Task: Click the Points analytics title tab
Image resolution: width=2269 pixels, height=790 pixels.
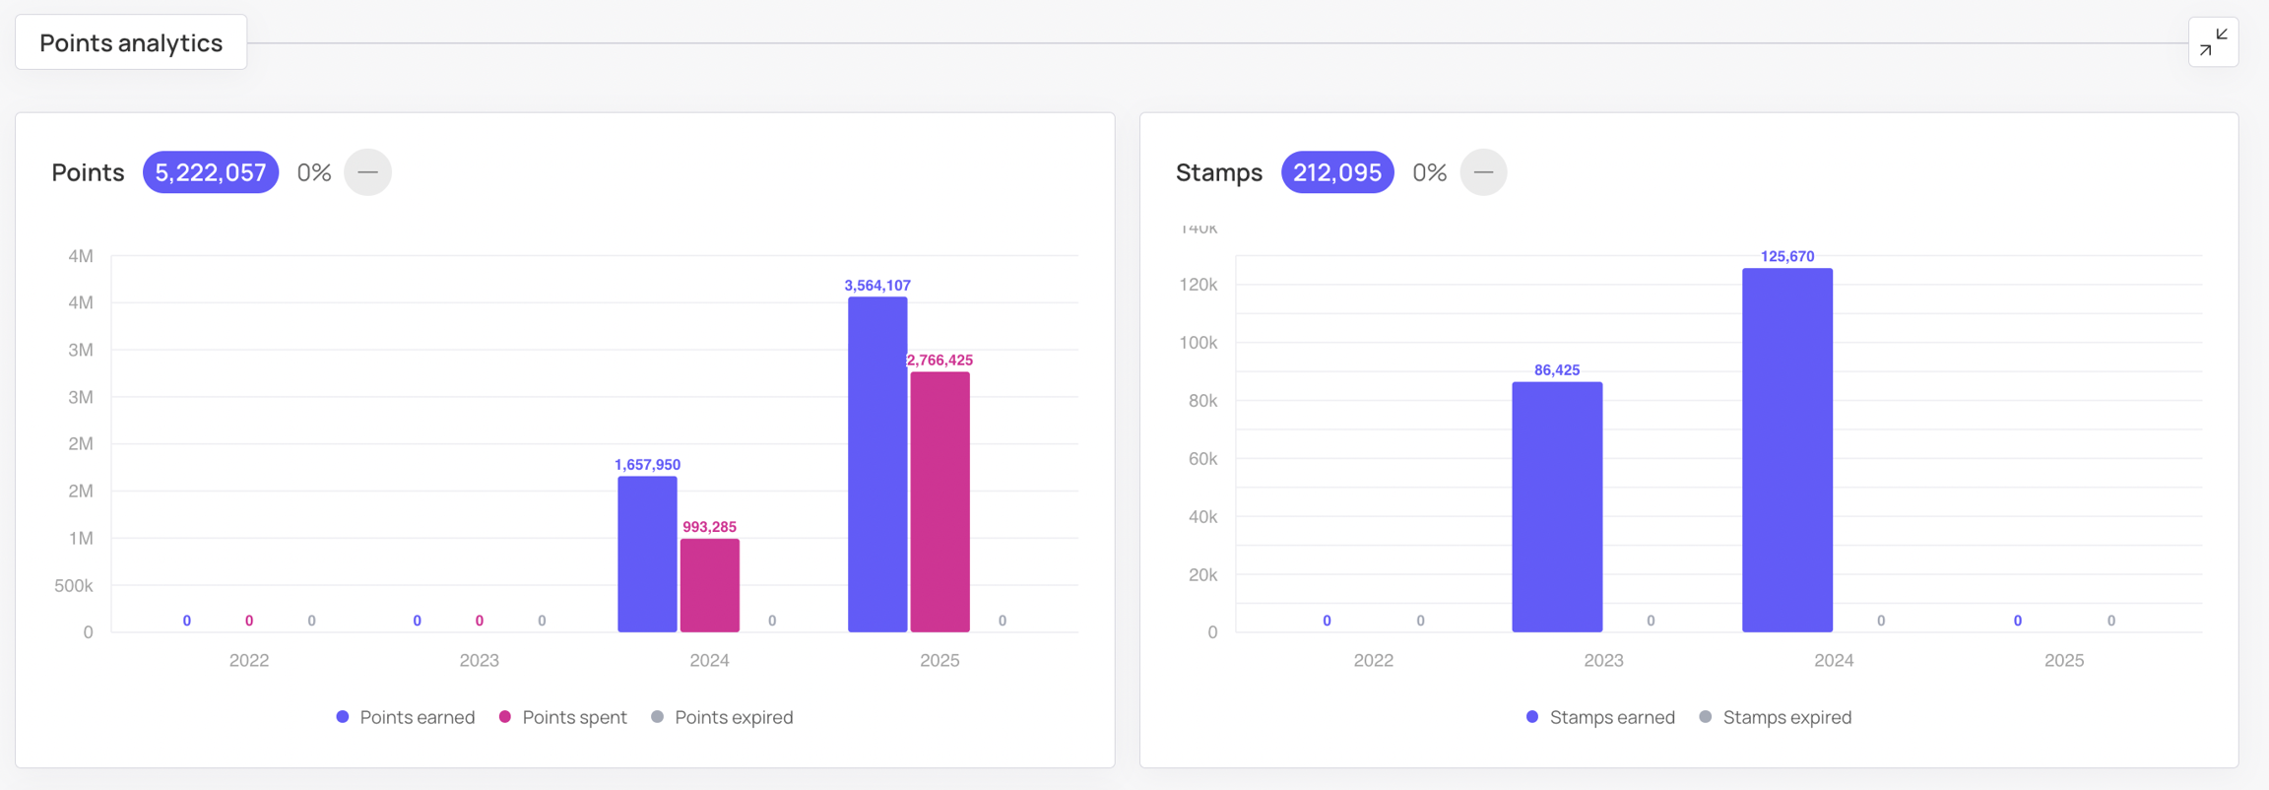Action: [131, 42]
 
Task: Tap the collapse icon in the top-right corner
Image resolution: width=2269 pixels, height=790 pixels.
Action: [2213, 42]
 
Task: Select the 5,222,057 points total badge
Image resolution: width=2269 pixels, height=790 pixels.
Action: [210, 172]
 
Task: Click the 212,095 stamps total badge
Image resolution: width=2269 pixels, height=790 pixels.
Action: [1336, 172]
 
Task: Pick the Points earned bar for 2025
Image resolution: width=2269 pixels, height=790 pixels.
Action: [876, 464]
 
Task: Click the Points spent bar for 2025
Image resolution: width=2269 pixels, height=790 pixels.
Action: [940, 501]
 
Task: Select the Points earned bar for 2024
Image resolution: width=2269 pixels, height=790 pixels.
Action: [647, 554]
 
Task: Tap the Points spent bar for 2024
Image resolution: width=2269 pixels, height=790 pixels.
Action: [709, 585]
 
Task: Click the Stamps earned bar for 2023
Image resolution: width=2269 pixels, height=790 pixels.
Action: [1556, 506]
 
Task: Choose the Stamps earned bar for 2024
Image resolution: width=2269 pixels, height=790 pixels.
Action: [1786, 450]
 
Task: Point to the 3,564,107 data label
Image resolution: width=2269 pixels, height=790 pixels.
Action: [876, 286]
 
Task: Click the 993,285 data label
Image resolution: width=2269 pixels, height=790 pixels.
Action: [709, 527]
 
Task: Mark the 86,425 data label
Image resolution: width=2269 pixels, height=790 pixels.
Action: [1556, 370]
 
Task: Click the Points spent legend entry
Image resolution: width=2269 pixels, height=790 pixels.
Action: [563, 717]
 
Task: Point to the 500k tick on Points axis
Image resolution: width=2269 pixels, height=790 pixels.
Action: [74, 585]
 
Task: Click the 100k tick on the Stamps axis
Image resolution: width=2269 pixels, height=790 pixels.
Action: [1198, 343]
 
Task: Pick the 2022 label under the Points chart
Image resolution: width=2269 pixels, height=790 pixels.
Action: [248, 660]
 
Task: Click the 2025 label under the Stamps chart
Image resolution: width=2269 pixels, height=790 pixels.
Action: [2063, 660]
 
